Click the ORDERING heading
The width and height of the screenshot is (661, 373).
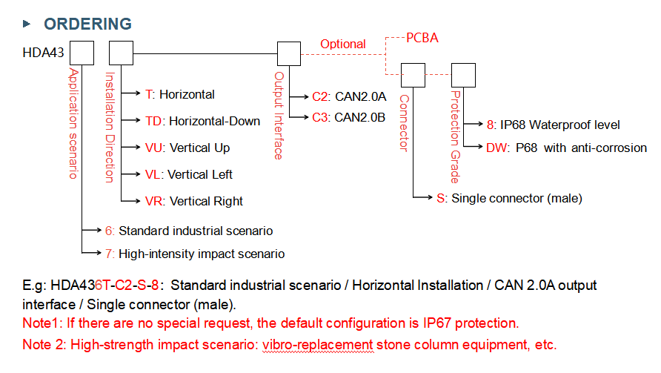87,24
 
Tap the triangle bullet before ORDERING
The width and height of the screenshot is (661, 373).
27,24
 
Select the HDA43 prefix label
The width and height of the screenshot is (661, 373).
43,53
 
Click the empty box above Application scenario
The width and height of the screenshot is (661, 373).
82,53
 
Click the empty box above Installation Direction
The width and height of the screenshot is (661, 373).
121,53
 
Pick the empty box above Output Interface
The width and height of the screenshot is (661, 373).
289,53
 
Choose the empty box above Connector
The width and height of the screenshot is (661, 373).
413,75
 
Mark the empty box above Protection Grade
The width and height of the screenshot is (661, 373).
463,75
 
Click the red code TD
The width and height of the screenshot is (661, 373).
153,121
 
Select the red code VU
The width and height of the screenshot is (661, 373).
154,148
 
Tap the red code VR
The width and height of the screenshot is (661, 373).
154,201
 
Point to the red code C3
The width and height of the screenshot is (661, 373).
320,117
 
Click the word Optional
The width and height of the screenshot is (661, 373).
342,44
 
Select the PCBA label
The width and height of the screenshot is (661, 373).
422,38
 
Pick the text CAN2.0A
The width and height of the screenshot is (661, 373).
360,96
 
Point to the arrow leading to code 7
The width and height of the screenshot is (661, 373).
91,253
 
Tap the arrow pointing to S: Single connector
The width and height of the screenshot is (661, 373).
423,197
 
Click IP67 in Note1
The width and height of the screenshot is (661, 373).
436,323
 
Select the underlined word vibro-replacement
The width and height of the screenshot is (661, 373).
318,345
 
